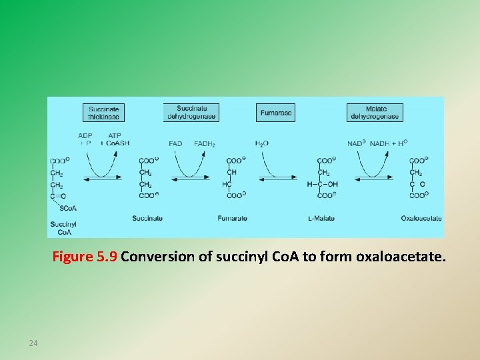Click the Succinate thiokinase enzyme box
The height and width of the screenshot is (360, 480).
[x=104, y=113]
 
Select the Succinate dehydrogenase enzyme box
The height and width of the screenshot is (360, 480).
[x=191, y=113]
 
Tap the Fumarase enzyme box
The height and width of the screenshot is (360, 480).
[x=275, y=113]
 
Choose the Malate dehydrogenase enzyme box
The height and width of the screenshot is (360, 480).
[x=375, y=113]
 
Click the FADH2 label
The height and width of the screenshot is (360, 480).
[x=204, y=143]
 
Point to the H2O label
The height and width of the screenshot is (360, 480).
[x=261, y=143]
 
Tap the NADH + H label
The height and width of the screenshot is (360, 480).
[x=388, y=143]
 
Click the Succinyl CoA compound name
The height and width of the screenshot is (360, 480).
[x=64, y=229]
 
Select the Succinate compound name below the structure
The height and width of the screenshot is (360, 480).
[x=147, y=218]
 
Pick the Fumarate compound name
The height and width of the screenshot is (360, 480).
[x=232, y=218]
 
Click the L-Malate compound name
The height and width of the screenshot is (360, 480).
[x=321, y=218]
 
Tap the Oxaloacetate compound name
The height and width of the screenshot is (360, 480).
[x=421, y=218]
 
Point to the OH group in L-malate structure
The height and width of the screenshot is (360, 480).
[x=332, y=184]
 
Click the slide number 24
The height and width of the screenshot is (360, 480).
[x=33, y=343]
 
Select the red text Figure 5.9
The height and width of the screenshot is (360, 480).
[x=85, y=257]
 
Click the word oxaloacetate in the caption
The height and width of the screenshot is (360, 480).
[x=400, y=257]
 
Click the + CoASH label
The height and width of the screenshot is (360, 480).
[x=115, y=143]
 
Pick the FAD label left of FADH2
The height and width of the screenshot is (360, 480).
[x=175, y=143]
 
